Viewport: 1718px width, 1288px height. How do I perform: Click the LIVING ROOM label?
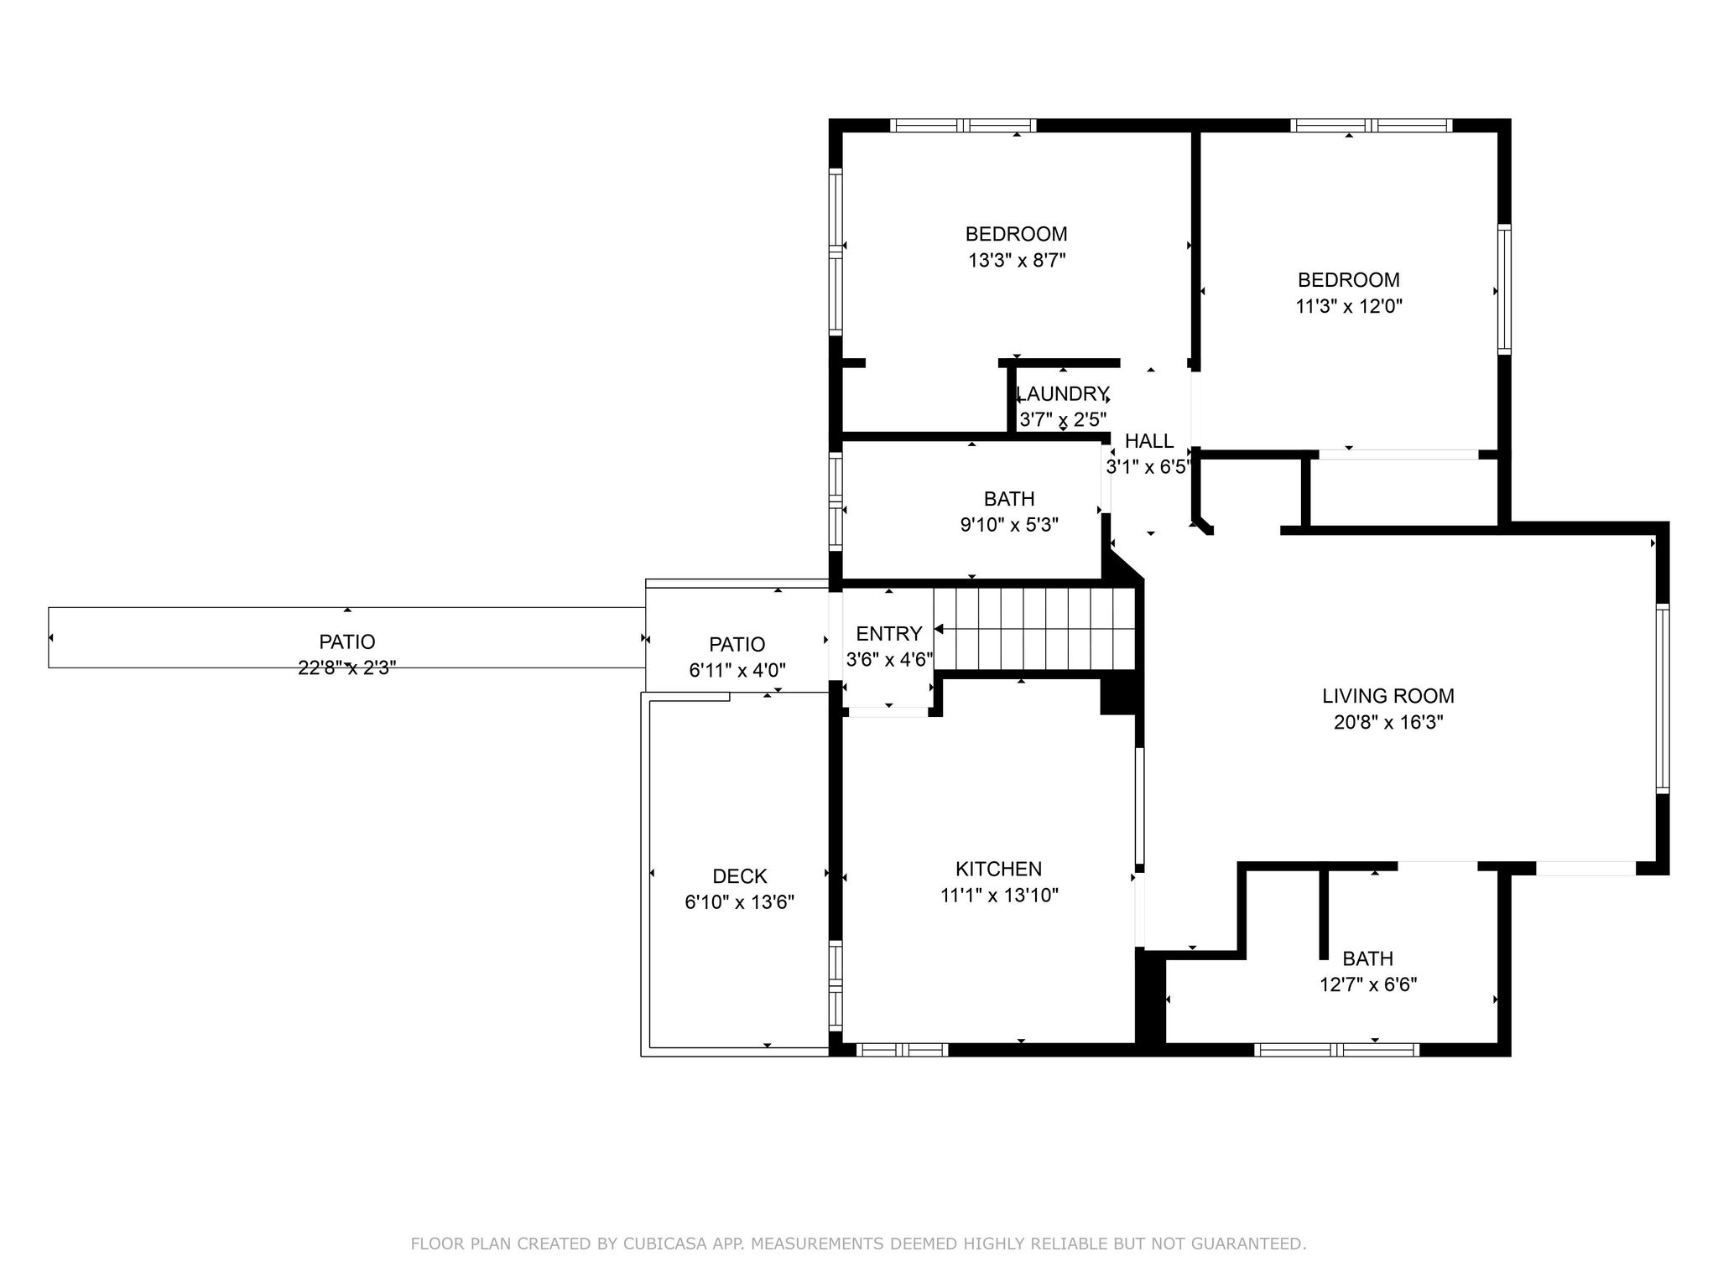[1388, 695]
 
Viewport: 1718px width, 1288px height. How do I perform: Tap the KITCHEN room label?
[998, 869]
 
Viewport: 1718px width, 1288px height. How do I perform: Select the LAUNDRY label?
[1063, 393]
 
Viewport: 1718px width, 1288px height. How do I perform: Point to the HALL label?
[1149, 441]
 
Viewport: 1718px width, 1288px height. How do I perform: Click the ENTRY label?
[888, 633]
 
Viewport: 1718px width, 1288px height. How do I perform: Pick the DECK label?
[740, 876]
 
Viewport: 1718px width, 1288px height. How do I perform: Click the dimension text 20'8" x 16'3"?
[1388, 722]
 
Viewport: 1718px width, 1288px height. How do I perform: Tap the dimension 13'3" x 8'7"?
[1017, 260]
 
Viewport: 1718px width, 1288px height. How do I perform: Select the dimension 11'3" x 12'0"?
[1349, 306]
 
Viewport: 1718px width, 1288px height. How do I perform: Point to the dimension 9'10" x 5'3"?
[1009, 525]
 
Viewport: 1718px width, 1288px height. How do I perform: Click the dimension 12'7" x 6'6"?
[1368, 984]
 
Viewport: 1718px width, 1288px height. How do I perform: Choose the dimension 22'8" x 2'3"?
[347, 668]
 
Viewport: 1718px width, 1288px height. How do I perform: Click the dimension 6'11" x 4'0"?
[737, 670]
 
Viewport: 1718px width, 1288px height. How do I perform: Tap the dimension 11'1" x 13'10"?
[999, 896]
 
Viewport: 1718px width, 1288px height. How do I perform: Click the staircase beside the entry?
[1034, 629]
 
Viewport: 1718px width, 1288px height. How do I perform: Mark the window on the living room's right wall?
[1662, 698]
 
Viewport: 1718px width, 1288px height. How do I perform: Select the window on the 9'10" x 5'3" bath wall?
[836, 501]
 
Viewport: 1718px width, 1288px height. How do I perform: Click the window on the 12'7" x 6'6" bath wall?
[1336, 1049]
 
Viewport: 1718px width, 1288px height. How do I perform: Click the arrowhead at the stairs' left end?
[940, 629]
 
